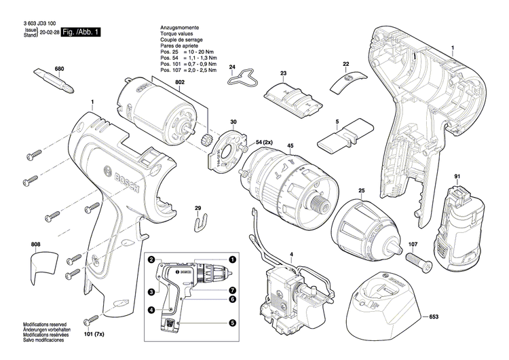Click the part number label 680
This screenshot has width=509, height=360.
click(x=59, y=69)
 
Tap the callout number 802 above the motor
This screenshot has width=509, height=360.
click(x=179, y=82)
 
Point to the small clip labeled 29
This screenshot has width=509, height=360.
click(x=199, y=220)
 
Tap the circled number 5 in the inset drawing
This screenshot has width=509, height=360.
click(x=232, y=323)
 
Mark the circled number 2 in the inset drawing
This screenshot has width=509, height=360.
click(x=152, y=259)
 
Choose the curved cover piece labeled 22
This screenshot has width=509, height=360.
click(x=344, y=82)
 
